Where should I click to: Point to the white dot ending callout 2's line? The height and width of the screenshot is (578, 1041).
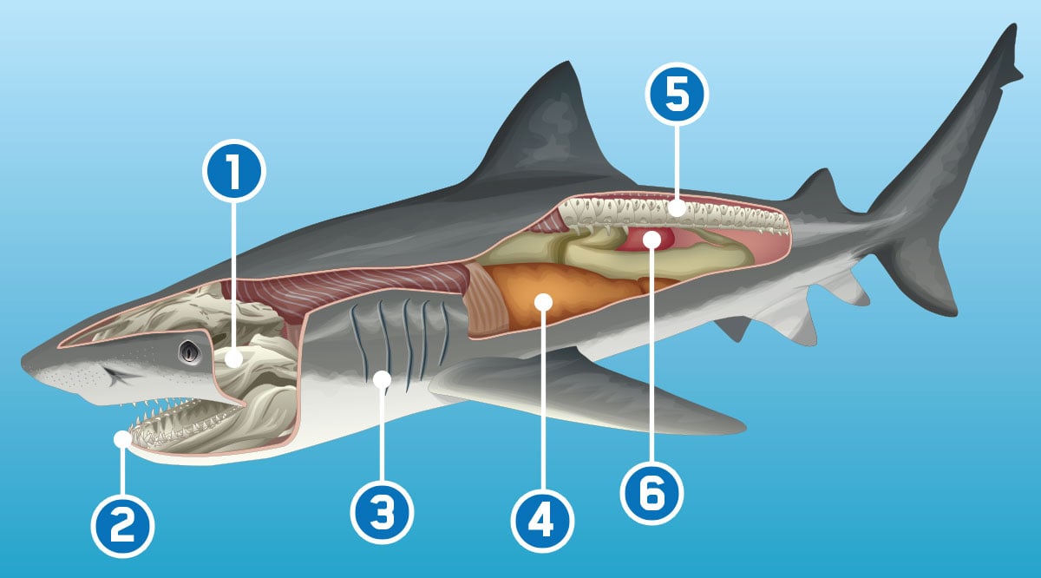pyautogui.click(x=122, y=441)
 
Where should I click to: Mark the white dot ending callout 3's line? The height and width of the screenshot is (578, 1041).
pyautogui.click(x=382, y=379)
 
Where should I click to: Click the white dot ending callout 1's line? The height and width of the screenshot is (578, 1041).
pyautogui.click(x=232, y=358)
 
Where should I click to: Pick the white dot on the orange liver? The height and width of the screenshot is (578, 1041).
pyautogui.click(x=543, y=302)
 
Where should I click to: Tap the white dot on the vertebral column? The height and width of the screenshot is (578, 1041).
pyautogui.click(x=677, y=209)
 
